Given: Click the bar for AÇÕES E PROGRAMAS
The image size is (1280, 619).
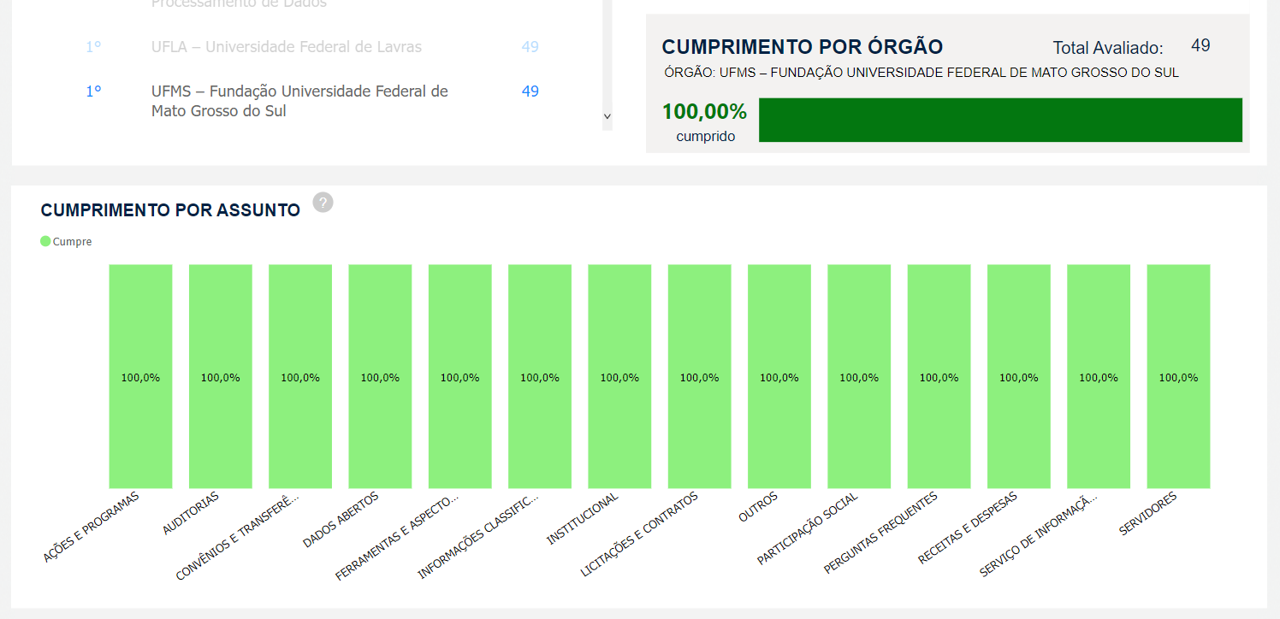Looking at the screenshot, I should click(x=140, y=376).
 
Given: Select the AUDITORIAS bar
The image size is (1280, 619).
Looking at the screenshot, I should click(x=220, y=376).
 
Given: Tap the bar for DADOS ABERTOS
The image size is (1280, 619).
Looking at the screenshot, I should click(x=380, y=376).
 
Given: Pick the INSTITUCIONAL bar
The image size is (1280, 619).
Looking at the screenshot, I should click(x=619, y=376).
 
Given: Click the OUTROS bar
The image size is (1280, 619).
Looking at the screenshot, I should click(x=779, y=376).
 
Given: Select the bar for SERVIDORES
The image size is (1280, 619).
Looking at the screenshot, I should click(x=1178, y=376).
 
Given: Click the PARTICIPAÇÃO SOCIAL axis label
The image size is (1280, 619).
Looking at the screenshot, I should click(x=808, y=528).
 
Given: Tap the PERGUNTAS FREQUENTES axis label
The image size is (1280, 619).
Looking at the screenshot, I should click(x=880, y=533).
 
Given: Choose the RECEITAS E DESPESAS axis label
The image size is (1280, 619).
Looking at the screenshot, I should click(x=968, y=528).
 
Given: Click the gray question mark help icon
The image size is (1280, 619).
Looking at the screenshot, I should click(x=323, y=203).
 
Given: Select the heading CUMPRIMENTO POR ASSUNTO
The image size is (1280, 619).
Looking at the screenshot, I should click(x=170, y=210).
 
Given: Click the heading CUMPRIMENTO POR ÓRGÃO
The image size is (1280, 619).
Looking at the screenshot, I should click(x=803, y=47).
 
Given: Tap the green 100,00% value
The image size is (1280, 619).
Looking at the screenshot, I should click(x=704, y=112).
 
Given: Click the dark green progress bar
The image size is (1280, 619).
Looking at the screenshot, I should click(x=1000, y=120).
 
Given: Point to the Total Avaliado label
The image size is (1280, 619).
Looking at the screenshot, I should click(x=1107, y=48).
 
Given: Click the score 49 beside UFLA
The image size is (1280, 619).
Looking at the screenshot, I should click(x=530, y=47).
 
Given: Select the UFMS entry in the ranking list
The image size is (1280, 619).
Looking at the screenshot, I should click(x=299, y=101).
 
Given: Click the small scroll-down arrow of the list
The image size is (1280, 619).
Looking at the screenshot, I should click(x=607, y=116).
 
